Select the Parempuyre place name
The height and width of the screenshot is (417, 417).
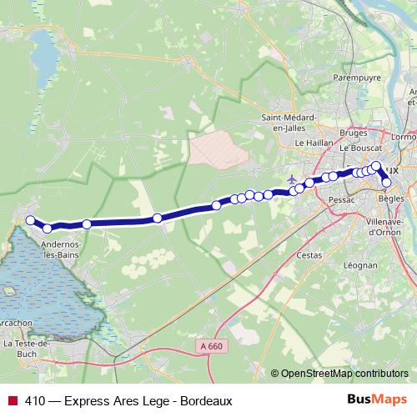pos(357,78)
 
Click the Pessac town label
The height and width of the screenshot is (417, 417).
pos(342,201)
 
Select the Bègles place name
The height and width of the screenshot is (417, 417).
pos(390,198)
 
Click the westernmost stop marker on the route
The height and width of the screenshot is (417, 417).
pos(30,220)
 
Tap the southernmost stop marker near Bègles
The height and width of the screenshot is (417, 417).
pos(386,182)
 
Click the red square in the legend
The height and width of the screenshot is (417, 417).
pos(12,400)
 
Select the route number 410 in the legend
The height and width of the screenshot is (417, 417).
pos(35,400)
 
